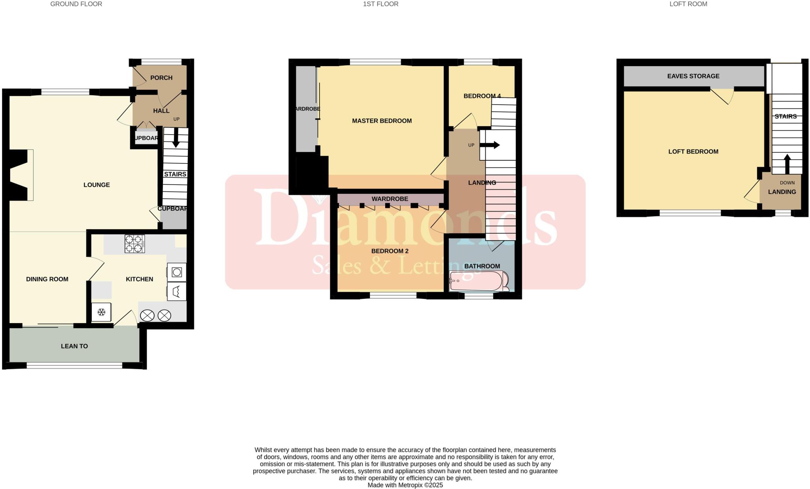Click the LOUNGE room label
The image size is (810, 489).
tap(97, 185)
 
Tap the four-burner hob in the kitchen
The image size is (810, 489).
tap(134, 244)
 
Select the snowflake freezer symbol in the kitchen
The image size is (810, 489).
tap(101, 312)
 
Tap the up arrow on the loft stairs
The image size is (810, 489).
tap(787, 164)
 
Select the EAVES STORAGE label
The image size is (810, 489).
tap(693, 76)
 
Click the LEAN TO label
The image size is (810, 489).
tap(74, 346)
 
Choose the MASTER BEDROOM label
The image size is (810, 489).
tap(382, 121)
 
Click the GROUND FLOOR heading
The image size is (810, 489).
tap(76, 4)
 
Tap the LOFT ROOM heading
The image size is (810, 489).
tap(688, 4)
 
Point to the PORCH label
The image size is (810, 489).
tap(161, 78)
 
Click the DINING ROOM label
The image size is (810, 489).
tap(47, 279)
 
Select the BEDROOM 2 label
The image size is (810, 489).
tap(390, 251)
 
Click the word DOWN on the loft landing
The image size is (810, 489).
tap(787, 183)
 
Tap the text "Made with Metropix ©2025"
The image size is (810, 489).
tap(405, 485)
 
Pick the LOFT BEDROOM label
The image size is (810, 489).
tap(693, 152)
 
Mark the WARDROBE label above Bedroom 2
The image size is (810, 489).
tap(390, 199)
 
